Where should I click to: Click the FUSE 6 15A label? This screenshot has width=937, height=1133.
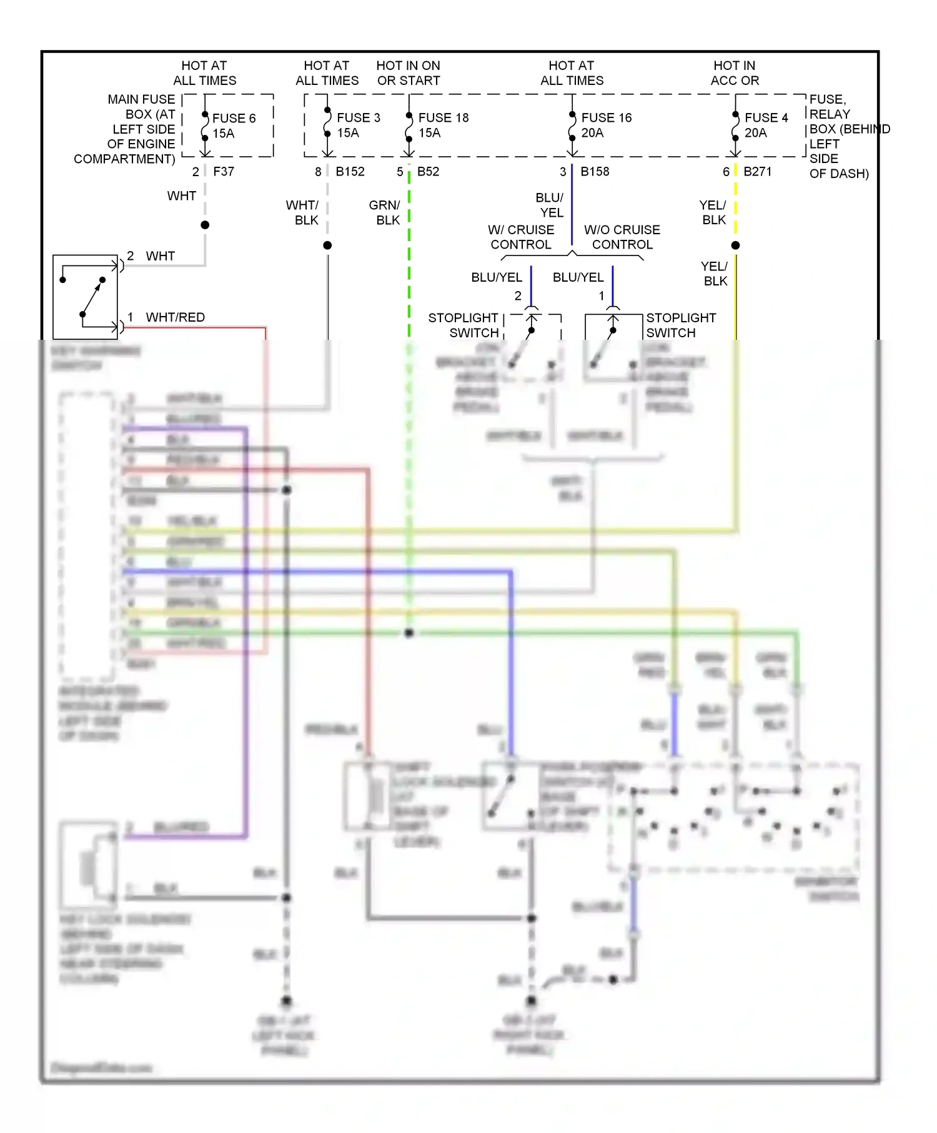click(x=233, y=126)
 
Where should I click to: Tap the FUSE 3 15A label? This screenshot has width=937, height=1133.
click(x=358, y=125)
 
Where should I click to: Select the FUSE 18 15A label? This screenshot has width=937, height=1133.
click(x=442, y=125)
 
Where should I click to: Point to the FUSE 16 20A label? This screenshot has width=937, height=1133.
click(x=605, y=125)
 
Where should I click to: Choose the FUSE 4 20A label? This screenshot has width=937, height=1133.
click(x=765, y=125)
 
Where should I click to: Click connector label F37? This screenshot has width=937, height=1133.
click(x=224, y=171)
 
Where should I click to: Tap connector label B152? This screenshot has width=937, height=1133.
click(x=350, y=171)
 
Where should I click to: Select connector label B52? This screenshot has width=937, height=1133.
click(x=428, y=171)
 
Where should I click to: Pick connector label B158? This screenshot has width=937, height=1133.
click(x=595, y=171)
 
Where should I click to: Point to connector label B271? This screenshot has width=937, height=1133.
click(x=757, y=171)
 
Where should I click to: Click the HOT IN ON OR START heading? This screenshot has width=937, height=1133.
click(x=408, y=73)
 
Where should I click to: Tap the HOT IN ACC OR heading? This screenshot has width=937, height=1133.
click(x=735, y=73)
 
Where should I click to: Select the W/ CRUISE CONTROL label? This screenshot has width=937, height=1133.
click(x=521, y=237)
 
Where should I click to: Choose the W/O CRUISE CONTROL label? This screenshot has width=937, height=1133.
click(x=622, y=237)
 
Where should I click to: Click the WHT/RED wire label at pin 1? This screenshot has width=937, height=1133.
click(x=175, y=317)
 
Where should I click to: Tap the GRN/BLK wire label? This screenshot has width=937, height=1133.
click(x=385, y=212)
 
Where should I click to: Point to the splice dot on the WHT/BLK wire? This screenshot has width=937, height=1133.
click(x=327, y=245)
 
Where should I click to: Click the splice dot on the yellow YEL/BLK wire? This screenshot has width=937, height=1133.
click(x=735, y=245)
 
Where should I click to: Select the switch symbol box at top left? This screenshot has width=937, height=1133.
click(x=86, y=297)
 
